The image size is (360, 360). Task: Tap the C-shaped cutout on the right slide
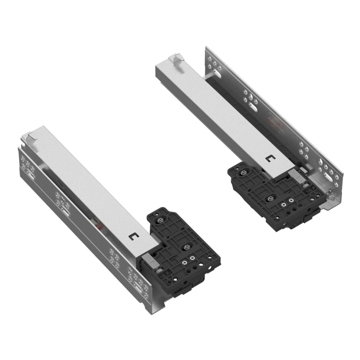[x=270, y=159]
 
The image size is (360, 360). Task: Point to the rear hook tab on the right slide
[x=175, y=58]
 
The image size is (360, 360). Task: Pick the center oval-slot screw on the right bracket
[x=269, y=198]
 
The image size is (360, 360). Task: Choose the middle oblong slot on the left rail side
[x=66, y=211]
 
